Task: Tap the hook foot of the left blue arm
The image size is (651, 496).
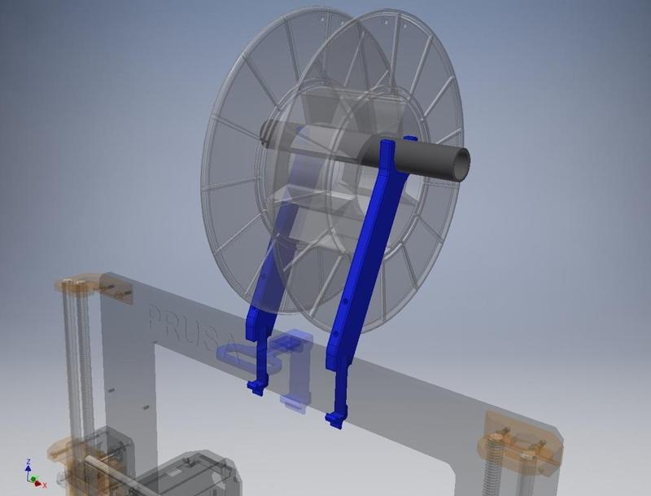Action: pyautogui.click(x=256, y=387)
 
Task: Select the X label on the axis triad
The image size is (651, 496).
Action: pyautogui.click(x=45, y=485)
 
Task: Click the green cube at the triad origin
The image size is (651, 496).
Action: pyautogui.click(x=33, y=480)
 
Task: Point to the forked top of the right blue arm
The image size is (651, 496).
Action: pyautogui.click(x=389, y=149)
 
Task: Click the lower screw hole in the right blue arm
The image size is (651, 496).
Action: pyautogui.click(x=336, y=334)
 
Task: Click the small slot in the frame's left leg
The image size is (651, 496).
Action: pyautogui.click(x=143, y=405)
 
